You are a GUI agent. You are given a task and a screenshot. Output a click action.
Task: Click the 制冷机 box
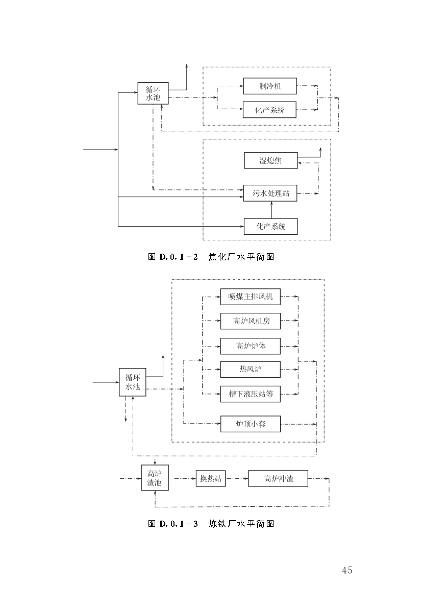[269, 86]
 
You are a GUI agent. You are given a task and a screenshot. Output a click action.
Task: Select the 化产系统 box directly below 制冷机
[269, 110]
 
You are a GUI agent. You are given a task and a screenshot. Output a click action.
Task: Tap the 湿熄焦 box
[270, 161]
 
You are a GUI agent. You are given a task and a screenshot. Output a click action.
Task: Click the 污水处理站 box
[270, 193]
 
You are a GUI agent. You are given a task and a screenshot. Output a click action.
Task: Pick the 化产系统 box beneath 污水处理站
[270, 226]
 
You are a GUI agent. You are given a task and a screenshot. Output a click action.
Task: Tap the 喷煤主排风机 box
[250, 297]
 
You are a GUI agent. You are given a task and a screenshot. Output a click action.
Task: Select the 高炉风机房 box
[250, 321]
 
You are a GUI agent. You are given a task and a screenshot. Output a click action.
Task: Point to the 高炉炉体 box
[250, 346]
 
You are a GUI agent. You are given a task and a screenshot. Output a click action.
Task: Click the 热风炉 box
[250, 369]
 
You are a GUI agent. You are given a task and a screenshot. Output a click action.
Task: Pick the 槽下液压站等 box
[250, 394]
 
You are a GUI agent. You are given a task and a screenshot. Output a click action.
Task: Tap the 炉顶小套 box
[250, 424]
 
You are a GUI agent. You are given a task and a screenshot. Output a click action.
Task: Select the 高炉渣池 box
[154, 478]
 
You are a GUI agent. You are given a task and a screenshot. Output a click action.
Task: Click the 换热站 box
[211, 479]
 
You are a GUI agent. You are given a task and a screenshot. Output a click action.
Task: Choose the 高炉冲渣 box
[278, 479]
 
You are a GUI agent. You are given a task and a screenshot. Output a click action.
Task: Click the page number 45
[347, 570]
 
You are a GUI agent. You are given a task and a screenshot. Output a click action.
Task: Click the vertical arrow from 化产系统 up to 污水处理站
[271, 210]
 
